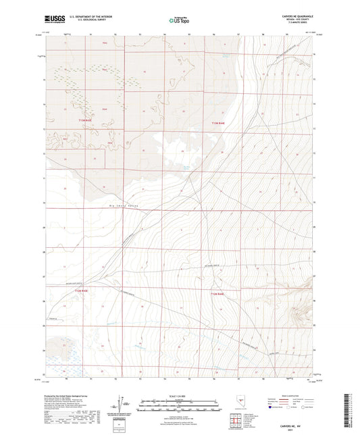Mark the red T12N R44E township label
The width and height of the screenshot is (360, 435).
coord(217,294)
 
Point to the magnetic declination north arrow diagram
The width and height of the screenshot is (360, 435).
coord(124,403)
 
